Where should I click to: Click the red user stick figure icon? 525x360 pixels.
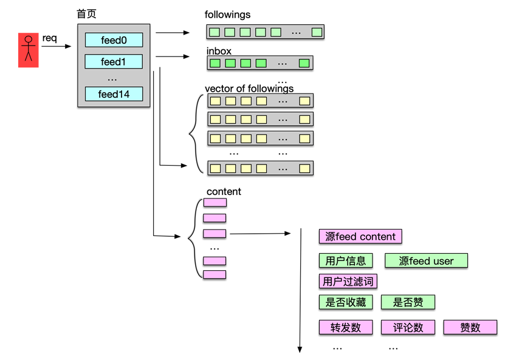pos(28,50)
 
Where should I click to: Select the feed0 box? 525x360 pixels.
pos(114,40)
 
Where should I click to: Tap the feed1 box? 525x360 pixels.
pos(114,62)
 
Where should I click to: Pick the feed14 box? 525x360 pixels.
pos(114,94)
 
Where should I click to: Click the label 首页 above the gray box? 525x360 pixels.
pos(86,15)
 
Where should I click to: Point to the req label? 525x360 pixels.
pos(49,38)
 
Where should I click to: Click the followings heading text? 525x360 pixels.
pos(227,15)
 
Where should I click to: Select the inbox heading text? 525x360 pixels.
pos(219,51)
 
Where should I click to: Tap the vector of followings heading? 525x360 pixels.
pos(249,89)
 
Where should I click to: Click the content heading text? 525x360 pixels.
pos(224,191)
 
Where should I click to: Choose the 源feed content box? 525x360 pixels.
pos(360,237)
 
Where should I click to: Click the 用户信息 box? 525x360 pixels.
pos(346,261)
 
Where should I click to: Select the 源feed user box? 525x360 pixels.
pos(427,261)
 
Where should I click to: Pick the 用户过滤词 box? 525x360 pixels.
pos(348,281)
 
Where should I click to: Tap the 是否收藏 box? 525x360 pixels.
pos(346,302)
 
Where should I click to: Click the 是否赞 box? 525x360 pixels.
pos(408,302)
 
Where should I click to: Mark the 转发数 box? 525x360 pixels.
pos(346,327)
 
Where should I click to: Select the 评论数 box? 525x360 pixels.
pos(408,327)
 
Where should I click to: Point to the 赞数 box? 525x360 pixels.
pos(470,327)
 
